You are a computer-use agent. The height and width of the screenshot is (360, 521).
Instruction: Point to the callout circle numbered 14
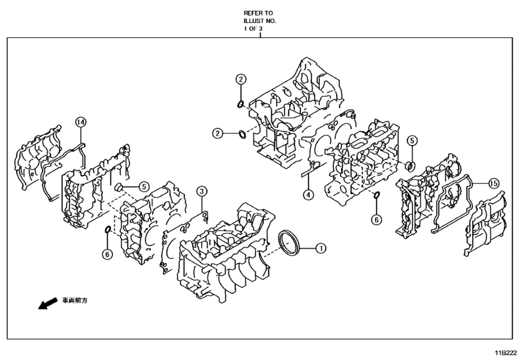click(80, 122)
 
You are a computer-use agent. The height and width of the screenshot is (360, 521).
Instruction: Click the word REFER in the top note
click(252, 13)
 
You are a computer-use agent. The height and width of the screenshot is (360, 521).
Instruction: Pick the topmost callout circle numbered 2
click(240, 80)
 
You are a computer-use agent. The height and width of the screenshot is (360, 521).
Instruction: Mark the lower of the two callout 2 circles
click(218, 133)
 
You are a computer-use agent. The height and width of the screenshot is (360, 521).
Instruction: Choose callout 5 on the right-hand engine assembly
click(411, 139)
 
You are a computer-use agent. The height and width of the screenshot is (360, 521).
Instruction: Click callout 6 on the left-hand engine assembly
click(107, 254)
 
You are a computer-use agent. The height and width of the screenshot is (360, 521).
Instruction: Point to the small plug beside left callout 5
click(119, 187)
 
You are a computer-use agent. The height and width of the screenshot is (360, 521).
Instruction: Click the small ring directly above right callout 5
click(411, 166)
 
